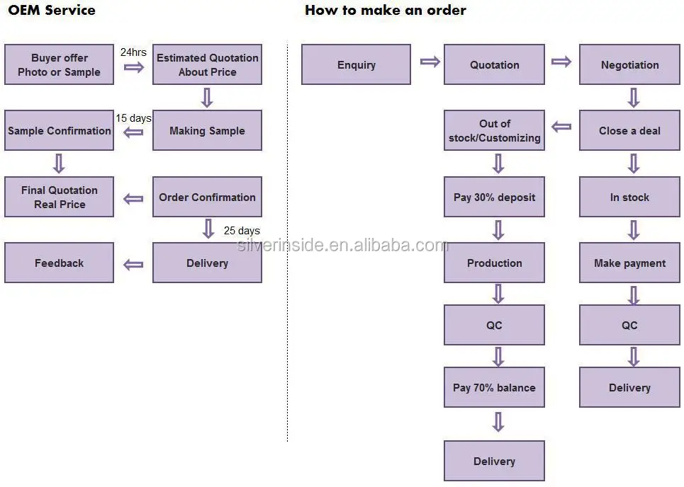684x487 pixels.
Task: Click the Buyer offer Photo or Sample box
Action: click(x=60, y=64)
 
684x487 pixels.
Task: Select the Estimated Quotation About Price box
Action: click(x=207, y=64)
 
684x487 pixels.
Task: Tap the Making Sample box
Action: click(x=207, y=130)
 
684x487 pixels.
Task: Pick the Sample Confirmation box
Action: click(x=60, y=130)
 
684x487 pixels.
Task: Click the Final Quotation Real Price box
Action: click(x=60, y=197)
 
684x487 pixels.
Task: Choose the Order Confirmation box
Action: click(x=207, y=197)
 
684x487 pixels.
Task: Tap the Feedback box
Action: click(x=60, y=263)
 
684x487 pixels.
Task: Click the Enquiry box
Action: click(x=356, y=64)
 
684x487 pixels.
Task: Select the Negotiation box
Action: click(x=629, y=64)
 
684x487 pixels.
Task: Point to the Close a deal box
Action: click(x=629, y=130)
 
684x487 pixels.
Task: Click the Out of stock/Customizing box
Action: click(x=494, y=130)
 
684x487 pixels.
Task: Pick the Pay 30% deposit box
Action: click(x=494, y=197)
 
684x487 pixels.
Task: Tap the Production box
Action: click(x=494, y=263)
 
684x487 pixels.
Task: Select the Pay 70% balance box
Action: click(x=494, y=387)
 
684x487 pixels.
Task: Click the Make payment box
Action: click(x=629, y=263)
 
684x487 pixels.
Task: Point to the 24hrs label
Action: click(x=133, y=52)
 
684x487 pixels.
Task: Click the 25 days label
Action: click(x=242, y=231)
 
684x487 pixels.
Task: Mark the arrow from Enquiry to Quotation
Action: click(x=430, y=62)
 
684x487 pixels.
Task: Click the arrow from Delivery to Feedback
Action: click(x=133, y=265)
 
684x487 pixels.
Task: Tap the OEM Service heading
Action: click(x=52, y=10)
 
